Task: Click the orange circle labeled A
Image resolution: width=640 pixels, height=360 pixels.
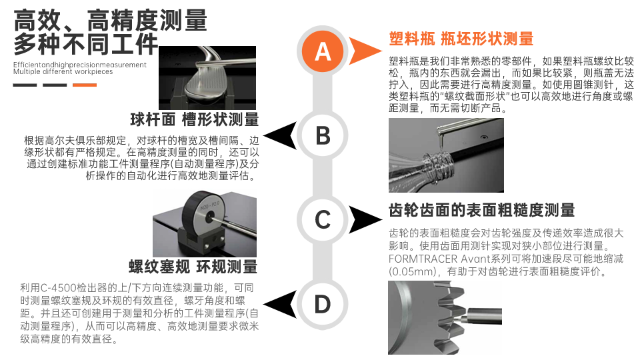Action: [x=323, y=52]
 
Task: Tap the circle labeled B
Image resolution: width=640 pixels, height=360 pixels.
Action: [x=323, y=135]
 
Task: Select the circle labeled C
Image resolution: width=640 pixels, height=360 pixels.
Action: [x=323, y=219]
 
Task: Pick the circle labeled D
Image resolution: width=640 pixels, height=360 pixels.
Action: [x=323, y=304]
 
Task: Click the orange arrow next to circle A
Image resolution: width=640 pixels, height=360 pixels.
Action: [x=365, y=51]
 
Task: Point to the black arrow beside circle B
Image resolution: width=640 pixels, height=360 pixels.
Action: [x=281, y=135]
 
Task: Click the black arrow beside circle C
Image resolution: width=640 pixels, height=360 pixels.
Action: [x=365, y=219]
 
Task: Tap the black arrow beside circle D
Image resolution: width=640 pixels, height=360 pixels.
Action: [x=281, y=304]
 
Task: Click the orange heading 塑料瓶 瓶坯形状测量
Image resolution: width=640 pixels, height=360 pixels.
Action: [x=461, y=39]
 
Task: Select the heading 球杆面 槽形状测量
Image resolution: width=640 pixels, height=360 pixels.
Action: [x=195, y=119]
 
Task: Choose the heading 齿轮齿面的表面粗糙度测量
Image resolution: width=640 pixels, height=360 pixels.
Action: [x=481, y=210]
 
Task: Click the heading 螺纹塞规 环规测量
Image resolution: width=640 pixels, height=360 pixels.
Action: [x=193, y=267]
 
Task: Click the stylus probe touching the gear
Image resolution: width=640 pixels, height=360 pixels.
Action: [x=481, y=316]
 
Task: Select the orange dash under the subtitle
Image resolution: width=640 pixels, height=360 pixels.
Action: [x=85, y=85]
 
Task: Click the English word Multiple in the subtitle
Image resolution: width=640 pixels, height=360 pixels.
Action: [x=27, y=72]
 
